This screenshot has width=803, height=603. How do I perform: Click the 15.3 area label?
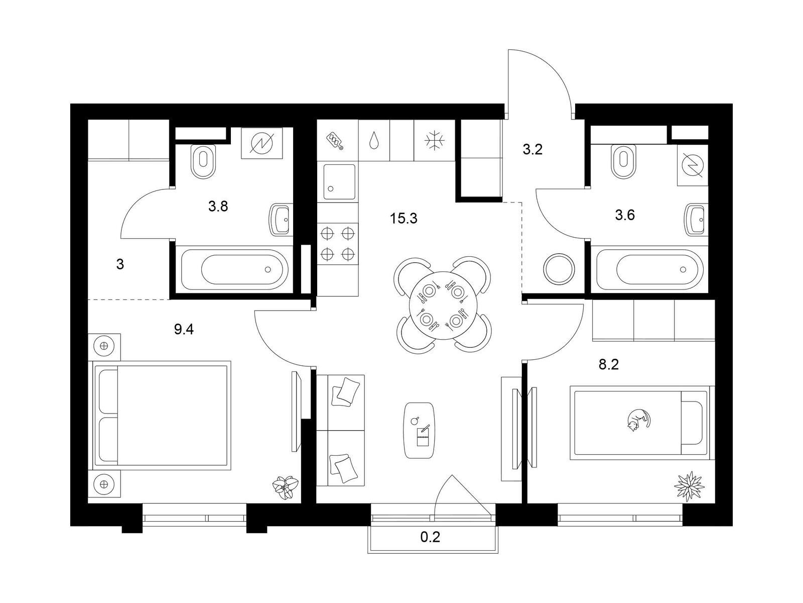[x=404, y=219]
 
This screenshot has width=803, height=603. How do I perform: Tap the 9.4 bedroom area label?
[x=184, y=329]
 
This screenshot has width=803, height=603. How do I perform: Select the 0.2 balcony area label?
[x=430, y=537]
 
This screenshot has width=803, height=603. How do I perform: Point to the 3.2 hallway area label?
[x=532, y=149]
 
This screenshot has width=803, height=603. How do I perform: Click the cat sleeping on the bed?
[x=638, y=419]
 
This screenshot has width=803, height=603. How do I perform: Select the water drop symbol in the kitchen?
[x=373, y=140]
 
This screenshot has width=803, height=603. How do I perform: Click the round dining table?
[x=443, y=306]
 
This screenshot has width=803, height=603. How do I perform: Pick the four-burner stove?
[x=338, y=243]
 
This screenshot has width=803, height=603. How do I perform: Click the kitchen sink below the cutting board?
[x=339, y=181]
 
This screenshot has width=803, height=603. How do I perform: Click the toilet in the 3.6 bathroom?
[x=624, y=161]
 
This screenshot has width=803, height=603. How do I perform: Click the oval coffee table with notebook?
[x=419, y=430]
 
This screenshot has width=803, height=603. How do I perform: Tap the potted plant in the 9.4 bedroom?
[x=286, y=487]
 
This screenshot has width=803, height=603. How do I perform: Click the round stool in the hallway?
[x=559, y=268]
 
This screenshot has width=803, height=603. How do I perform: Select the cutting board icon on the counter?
[x=335, y=141]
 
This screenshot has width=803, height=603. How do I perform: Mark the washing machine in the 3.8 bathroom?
[x=262, y=143]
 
